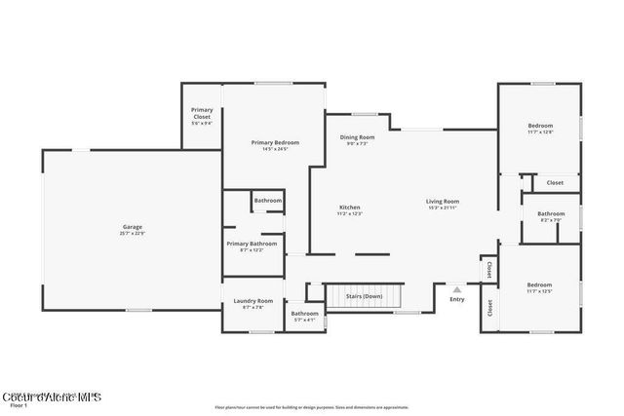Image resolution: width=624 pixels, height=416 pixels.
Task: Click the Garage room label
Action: point(133,227)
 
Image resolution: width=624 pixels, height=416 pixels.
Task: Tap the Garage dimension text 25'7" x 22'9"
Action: point(133,234)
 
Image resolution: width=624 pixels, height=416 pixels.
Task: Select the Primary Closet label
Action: point(202,113)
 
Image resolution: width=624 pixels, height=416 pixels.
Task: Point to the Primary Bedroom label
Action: point(275,142)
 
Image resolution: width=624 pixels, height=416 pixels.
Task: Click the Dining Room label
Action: point(357,137)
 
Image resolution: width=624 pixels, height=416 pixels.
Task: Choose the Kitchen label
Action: point(350,208)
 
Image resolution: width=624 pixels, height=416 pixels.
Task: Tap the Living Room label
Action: point(442,201)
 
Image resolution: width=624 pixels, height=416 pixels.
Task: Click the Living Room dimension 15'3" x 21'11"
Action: point(442,208)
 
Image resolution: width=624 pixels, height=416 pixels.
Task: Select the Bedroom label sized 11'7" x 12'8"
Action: point(540,126)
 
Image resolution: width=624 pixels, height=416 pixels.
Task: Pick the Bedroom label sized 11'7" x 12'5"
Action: point(539,285)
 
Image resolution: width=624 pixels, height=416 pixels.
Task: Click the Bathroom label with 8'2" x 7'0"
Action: point(551,213)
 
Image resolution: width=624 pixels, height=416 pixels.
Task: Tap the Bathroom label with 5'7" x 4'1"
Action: point(304,314)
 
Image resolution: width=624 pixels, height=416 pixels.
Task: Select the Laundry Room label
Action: point(253,301)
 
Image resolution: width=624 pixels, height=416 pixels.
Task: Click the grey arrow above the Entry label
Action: point(457,288)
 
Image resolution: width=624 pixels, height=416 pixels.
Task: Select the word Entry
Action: point(457,299)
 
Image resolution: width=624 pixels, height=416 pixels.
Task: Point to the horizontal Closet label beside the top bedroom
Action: point(555,182)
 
